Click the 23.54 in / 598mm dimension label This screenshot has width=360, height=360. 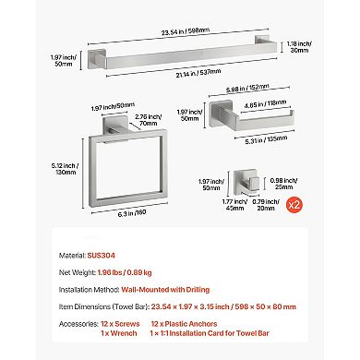(x=186, y=31)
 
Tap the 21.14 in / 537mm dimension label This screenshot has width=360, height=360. (x=198, y=73)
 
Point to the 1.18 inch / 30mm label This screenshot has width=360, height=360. (x=299, y=47)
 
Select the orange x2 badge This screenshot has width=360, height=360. (x=294, y=205)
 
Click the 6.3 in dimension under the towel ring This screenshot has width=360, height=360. (x=132, y=212)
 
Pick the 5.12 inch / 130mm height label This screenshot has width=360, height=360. (x=65, y=169)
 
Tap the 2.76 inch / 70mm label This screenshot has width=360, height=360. (x=149, y=120)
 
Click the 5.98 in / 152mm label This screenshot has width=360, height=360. (x=247, y=89)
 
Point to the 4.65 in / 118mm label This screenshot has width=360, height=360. (x=265, y=103)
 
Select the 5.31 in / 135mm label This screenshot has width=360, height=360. (x=266, y=139)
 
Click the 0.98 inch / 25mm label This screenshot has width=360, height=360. (x=283, y=184)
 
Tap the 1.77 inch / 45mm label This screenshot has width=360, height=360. (x=234, y=205)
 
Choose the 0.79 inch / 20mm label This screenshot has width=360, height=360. (x=266, y=205)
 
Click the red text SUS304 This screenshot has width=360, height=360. (x=102, y=256)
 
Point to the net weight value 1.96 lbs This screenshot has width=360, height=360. (x=111, y=272)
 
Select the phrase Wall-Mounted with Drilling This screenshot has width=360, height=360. (x=165, y=290)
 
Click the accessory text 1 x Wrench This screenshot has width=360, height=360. (x=119, y=333)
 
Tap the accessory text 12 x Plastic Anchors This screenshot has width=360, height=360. (x=184, y=324)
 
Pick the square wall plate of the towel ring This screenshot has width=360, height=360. (x=114, y=124)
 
